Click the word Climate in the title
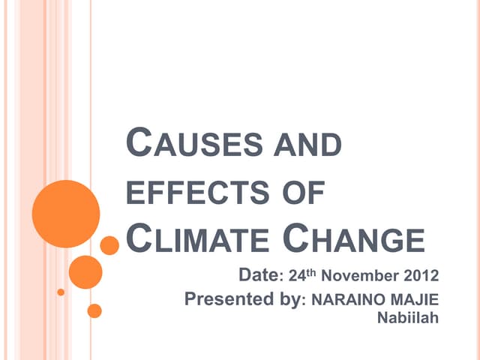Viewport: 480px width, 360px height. tap(197, 240)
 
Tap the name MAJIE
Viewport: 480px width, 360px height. tap(413, 301)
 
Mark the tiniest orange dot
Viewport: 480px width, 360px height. tap(61, 292)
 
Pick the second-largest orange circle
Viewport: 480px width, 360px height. tap(85, 272)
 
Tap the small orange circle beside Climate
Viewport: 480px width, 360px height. tap(109, 245)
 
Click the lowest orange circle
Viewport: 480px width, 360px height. tap(94, 310)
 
